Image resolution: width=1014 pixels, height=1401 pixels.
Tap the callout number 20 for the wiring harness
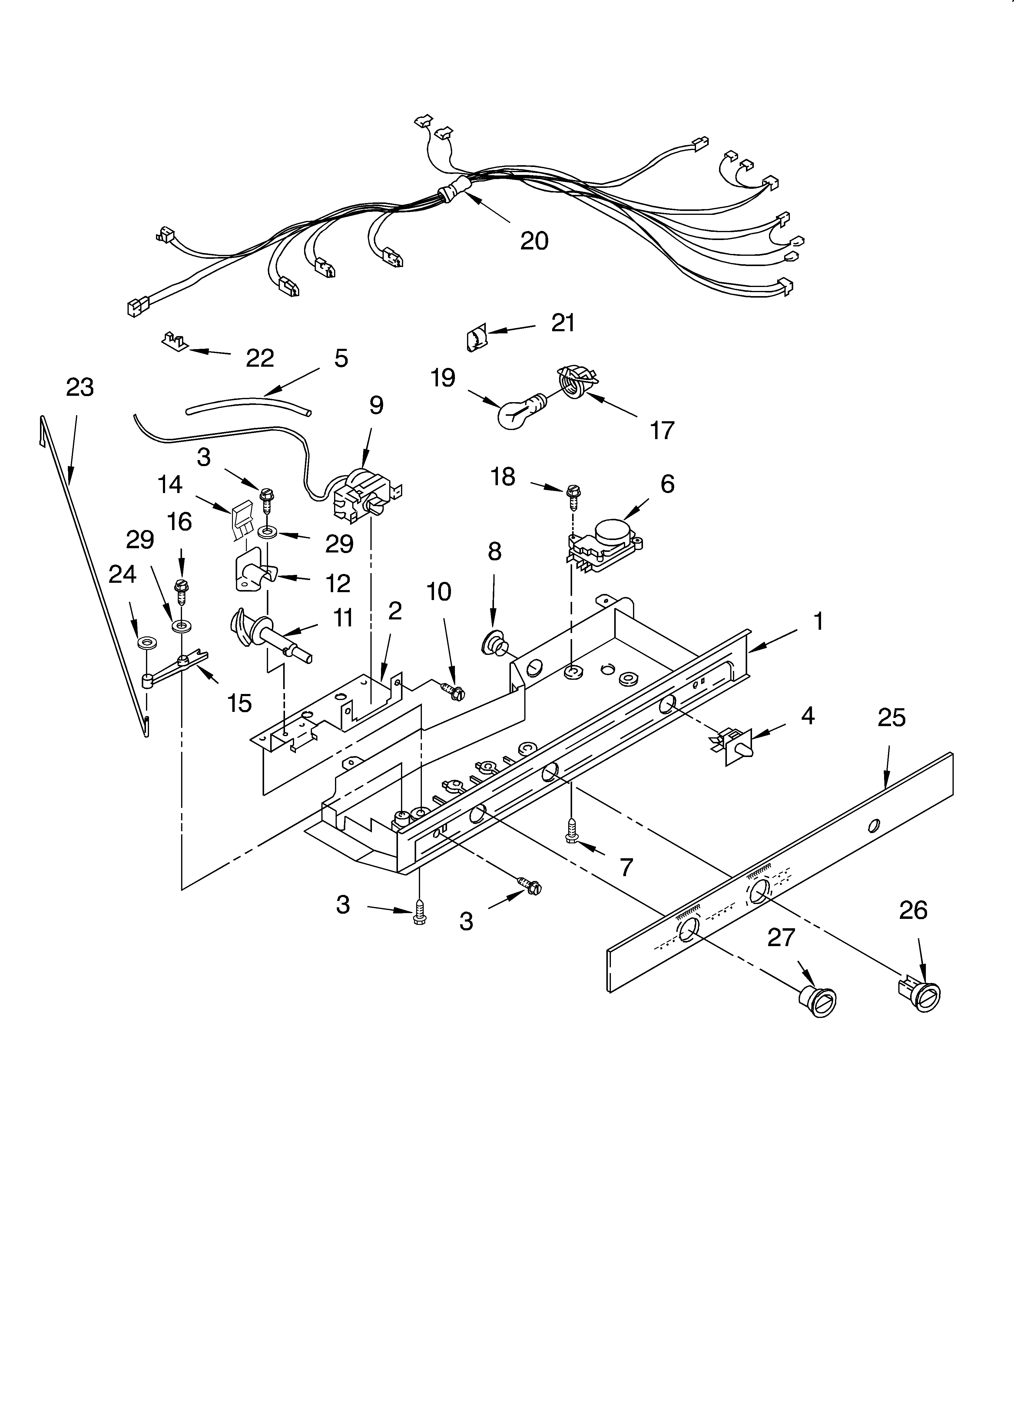point(534,240)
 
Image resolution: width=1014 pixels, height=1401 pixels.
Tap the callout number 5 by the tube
point(341,358)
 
